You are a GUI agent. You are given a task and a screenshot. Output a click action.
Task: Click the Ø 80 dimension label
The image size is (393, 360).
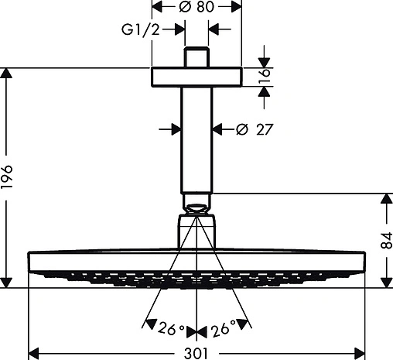pos(196,6)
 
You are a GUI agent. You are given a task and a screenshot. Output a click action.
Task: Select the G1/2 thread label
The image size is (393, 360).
pos(141,29)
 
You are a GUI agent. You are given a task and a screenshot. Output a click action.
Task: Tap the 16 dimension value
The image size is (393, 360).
pos(265,76)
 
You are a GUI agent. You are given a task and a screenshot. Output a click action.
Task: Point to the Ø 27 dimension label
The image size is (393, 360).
pos(255,129)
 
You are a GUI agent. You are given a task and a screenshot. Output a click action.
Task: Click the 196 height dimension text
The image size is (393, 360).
pos(6,177)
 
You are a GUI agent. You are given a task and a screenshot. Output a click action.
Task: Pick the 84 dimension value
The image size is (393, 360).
pos(387,240)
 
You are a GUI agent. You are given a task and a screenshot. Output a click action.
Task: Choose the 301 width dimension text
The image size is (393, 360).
pos(196,353)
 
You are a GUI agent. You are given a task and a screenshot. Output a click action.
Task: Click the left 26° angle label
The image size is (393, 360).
pos(171,328)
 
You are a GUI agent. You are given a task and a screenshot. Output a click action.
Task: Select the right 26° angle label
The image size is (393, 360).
pos(224,328)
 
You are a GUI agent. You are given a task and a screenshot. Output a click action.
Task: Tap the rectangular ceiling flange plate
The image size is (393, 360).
pos(196,77)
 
